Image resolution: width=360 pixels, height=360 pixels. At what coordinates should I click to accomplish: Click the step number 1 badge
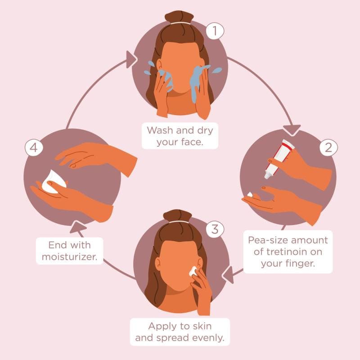coord(215,31)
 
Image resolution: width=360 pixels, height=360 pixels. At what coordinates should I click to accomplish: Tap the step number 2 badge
coord(328,148)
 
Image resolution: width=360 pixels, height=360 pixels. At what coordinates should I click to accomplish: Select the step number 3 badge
coord(215,229)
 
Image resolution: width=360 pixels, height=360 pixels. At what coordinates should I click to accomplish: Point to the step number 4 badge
coord(34,148)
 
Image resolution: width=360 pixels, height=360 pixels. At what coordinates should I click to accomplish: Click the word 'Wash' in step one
coord(160,130)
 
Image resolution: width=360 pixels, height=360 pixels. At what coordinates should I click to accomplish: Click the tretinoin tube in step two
coord(279,159)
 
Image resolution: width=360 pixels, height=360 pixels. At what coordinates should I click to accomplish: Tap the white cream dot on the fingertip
coord(250,195)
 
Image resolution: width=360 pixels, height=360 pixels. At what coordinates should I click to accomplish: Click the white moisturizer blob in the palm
coord(53,182)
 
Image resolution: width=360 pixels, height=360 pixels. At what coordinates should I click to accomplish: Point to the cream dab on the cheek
coord(193,271)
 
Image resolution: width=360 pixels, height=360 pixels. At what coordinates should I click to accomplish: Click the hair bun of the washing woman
coord(179,17)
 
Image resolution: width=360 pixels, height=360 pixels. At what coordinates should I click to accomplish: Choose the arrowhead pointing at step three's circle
coord(229,274)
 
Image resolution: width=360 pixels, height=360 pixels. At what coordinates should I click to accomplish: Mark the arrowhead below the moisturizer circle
coord(77,228)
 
